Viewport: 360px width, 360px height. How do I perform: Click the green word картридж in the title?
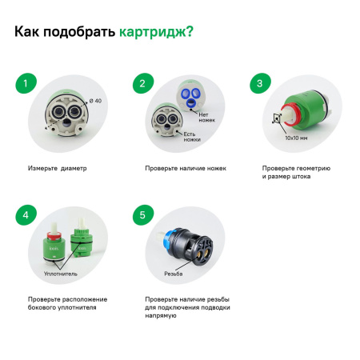click(155, 33)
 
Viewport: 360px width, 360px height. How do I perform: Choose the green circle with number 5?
click(143, 214)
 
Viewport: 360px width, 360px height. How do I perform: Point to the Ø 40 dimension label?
click(96, 100)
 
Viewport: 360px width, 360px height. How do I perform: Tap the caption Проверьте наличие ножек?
click(186, 169)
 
